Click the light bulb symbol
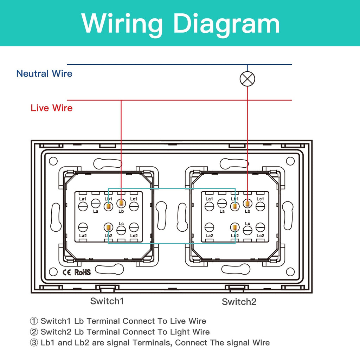pos(247,79)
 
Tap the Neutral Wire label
pos(44,73)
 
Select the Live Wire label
pos(51,108)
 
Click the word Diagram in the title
pos(227,24)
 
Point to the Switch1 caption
pos(107,301)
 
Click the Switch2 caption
pos(239,302)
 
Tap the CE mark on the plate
pos(67,272)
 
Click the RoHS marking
pos(82,272)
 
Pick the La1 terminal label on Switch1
pos(83,199)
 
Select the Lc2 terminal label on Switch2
pos(260,236)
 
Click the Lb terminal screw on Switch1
pos(121,204)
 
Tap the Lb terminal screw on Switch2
pos(247,204)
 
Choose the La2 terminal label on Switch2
pos(209,236)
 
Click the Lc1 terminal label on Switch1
pos(134,199)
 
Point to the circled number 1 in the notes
pos(34,321)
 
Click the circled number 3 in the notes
pos(34,343)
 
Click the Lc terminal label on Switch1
pos(121,224)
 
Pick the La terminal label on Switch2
pos(222,211)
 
